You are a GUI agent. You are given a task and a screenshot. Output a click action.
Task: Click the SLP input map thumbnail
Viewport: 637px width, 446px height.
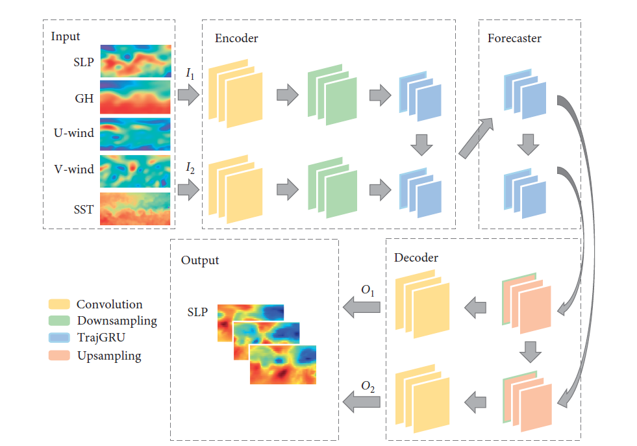[x=135, y=60]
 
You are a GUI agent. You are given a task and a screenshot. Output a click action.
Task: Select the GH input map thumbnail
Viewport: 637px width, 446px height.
[x=135, y=97]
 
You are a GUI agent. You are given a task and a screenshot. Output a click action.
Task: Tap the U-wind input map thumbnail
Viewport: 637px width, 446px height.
[x=135, y=134]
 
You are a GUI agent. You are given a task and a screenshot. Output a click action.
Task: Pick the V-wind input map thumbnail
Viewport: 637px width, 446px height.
[x=135, y=171]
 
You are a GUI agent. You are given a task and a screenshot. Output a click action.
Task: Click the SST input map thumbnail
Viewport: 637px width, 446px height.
[x=135, y=209]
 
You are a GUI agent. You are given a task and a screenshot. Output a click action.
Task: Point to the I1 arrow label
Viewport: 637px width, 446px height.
[x=190, y=75]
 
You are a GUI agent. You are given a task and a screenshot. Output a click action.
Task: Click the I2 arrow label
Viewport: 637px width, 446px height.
[x=190, y=169]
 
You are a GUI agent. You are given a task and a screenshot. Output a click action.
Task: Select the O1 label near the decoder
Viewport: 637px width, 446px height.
[x=368, y=291]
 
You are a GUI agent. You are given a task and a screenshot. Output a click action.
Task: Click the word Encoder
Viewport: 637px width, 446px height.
[x=236, y=38]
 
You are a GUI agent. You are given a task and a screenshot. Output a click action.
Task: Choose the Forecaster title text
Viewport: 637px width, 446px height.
[x=514, y=38]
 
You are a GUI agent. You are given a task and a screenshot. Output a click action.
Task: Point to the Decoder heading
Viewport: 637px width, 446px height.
[x=416, y=258]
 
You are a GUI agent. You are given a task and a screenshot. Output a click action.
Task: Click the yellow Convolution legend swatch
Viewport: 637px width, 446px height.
[x=59, y=304]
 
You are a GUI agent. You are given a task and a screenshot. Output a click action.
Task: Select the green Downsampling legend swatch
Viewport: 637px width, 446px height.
[x=59, y=321]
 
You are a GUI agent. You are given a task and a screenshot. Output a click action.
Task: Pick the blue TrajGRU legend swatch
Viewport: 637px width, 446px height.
[x=59, y=338]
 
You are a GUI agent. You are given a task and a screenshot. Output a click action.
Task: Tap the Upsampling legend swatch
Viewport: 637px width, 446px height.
[x=59, y=356]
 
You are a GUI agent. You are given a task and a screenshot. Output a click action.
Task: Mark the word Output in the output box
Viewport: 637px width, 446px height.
[x=200, y=260]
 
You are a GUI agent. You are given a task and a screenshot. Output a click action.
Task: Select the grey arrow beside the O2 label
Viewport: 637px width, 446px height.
[x=361, y=403]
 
